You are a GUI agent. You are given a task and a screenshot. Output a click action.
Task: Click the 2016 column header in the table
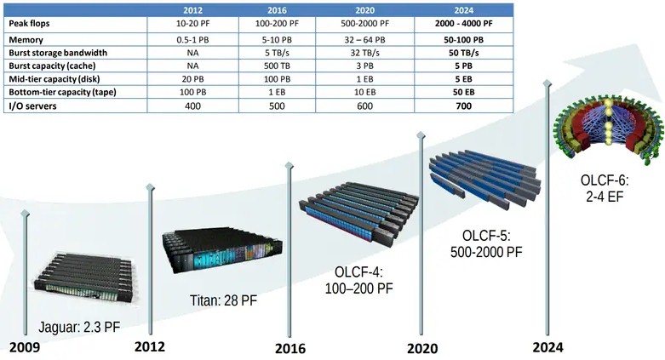(x=277, y=10)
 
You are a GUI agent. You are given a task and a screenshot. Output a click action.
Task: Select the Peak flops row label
(x=29, y=23)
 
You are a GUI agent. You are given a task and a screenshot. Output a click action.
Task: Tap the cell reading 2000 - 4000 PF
(x=463, y=23)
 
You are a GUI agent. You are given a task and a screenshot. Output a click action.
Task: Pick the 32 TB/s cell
(x=364, y=53)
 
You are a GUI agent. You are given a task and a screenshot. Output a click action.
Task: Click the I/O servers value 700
(x=463, y=106)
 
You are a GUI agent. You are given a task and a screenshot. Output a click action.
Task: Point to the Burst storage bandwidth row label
(x=58, y=53)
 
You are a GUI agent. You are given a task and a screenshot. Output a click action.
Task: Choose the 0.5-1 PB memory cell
(x=192, y=40)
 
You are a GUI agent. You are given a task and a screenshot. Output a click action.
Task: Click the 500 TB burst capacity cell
(x=277, y=66)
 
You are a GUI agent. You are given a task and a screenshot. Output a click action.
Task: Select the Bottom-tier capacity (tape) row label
(x=62, y=92)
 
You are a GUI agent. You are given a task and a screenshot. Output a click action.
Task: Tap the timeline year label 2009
(x=25, y=348)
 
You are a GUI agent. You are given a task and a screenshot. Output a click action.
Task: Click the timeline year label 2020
(x=422, y=349)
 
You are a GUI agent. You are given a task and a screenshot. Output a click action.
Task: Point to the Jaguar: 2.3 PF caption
(x=79, y=328)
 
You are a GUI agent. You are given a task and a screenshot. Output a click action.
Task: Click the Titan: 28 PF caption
(x=223, y=300)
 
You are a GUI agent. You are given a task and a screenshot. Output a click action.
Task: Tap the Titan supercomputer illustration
(x=221, y=250)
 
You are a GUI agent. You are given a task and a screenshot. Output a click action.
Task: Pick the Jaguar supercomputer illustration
(x=85, y=277)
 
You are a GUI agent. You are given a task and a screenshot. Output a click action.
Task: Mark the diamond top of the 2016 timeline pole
(x=290, y=166)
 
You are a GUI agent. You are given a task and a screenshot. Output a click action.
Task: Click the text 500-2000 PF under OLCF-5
(x=486, y=252)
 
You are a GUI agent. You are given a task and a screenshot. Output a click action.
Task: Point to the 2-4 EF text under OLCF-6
(x=605, y=197)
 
